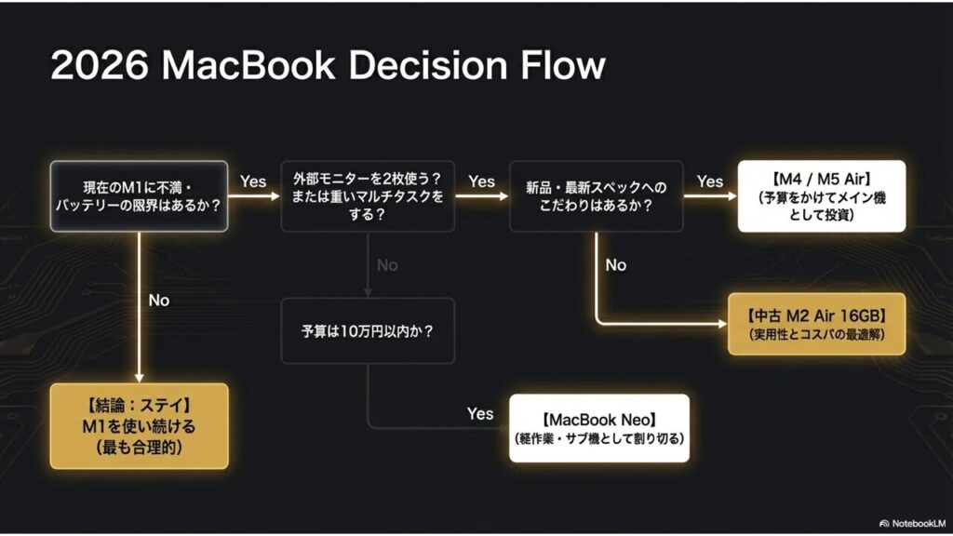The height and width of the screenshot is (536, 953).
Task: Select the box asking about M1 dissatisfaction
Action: point(139,196)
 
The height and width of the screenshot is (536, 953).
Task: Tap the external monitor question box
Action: point(368,196)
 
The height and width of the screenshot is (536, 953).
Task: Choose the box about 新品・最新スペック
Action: point(596,196)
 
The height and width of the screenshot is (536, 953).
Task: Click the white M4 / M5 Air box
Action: point(821,196)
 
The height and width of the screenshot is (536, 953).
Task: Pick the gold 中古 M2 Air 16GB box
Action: point(816,323)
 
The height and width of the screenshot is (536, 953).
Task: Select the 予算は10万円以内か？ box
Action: point(368,330)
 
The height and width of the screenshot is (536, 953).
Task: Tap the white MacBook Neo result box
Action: point(599,428)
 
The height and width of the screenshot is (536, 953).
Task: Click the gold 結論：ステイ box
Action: point(139,426)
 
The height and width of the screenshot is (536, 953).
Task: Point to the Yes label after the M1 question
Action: point(253,182)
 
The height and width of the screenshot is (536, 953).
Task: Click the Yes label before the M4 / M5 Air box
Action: point(710,182)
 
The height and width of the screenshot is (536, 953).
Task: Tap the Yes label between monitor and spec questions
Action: point(481,182)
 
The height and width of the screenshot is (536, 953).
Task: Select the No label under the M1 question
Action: point(159,301)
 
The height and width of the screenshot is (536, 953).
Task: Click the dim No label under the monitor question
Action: point(387,265)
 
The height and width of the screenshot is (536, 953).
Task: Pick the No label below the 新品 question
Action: point(616,265)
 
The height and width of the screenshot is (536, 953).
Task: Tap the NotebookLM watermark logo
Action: point(885,523)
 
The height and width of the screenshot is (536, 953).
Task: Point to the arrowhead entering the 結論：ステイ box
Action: point(139,378)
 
